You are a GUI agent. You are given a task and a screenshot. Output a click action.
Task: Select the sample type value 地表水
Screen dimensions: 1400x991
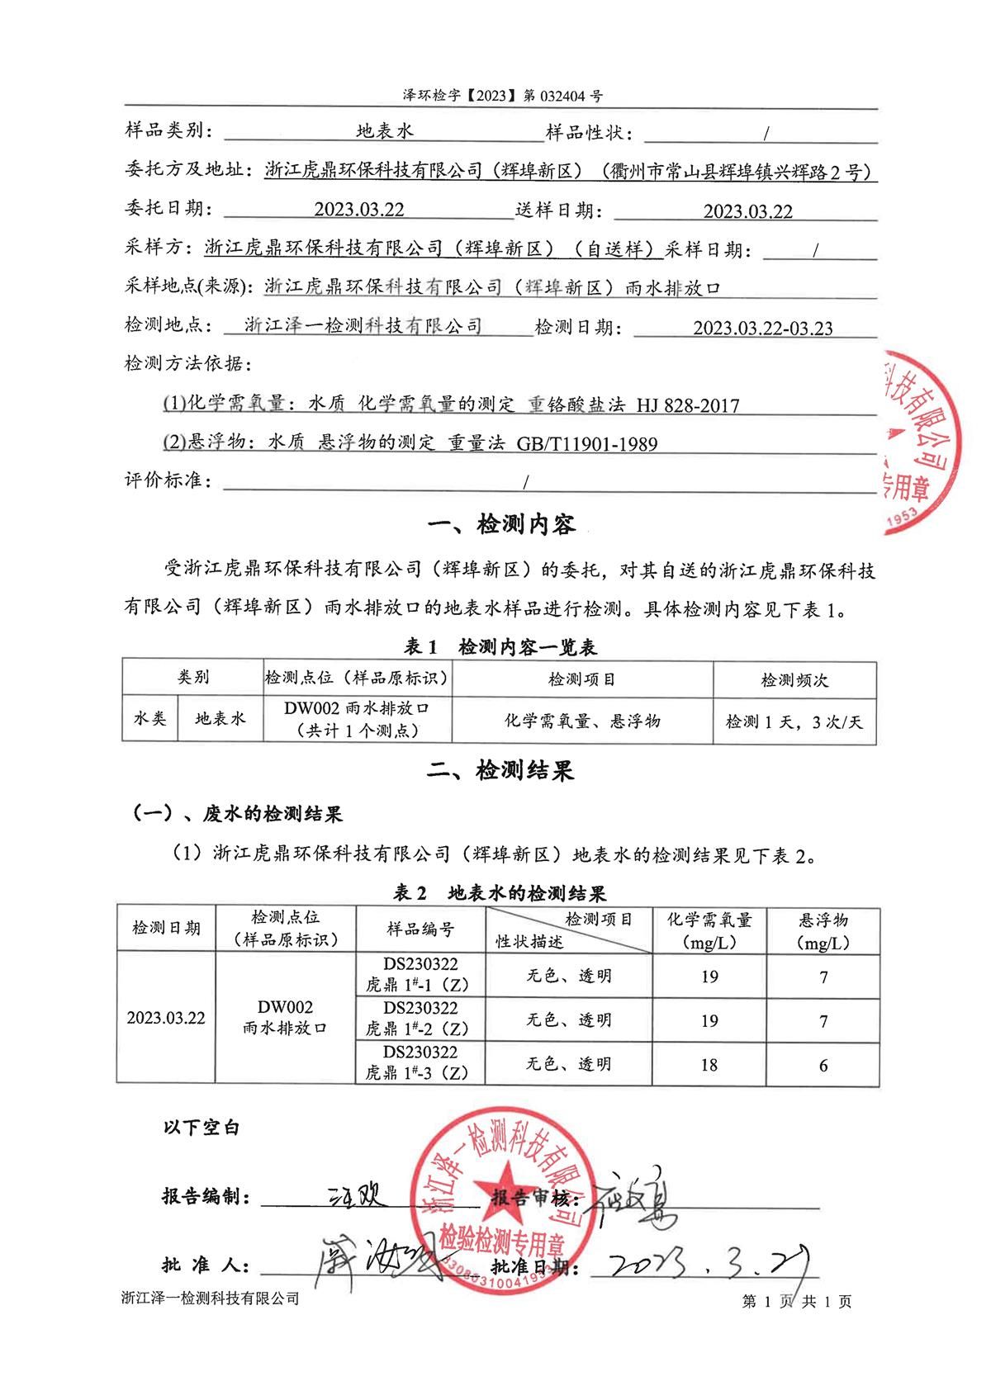coord(385,132)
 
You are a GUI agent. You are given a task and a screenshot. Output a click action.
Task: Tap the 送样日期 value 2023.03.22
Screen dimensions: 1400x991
coord(747,211)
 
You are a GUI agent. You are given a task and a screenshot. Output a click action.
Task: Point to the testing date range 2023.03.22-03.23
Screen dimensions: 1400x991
coord(762,329)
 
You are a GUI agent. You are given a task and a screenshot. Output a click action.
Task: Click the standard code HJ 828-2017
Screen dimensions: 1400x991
coord(688,405)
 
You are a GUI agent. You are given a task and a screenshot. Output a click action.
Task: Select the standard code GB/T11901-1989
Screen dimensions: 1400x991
coord(587,445)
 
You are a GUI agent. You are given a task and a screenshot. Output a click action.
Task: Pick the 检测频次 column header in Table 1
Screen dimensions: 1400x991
coord(794,680)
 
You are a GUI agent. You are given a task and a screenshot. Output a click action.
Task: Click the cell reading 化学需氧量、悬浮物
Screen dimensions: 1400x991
coord(582,721)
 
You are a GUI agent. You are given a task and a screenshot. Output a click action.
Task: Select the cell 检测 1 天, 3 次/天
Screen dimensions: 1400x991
coord(794,721)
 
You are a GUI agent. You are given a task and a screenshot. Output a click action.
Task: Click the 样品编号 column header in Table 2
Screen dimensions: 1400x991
coord(420,929)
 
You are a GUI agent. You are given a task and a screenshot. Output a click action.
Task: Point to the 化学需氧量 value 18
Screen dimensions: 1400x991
coord(709,1065)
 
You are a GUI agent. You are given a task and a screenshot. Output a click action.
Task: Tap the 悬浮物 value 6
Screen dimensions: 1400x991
coord(823,1065)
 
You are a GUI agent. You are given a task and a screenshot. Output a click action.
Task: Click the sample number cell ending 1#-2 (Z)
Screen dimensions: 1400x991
coord(420,1019)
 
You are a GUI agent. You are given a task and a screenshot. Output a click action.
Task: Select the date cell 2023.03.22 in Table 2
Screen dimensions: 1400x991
coord(165,1018)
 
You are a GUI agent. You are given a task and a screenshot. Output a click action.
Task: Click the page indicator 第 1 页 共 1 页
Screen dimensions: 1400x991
coord(796,1302)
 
